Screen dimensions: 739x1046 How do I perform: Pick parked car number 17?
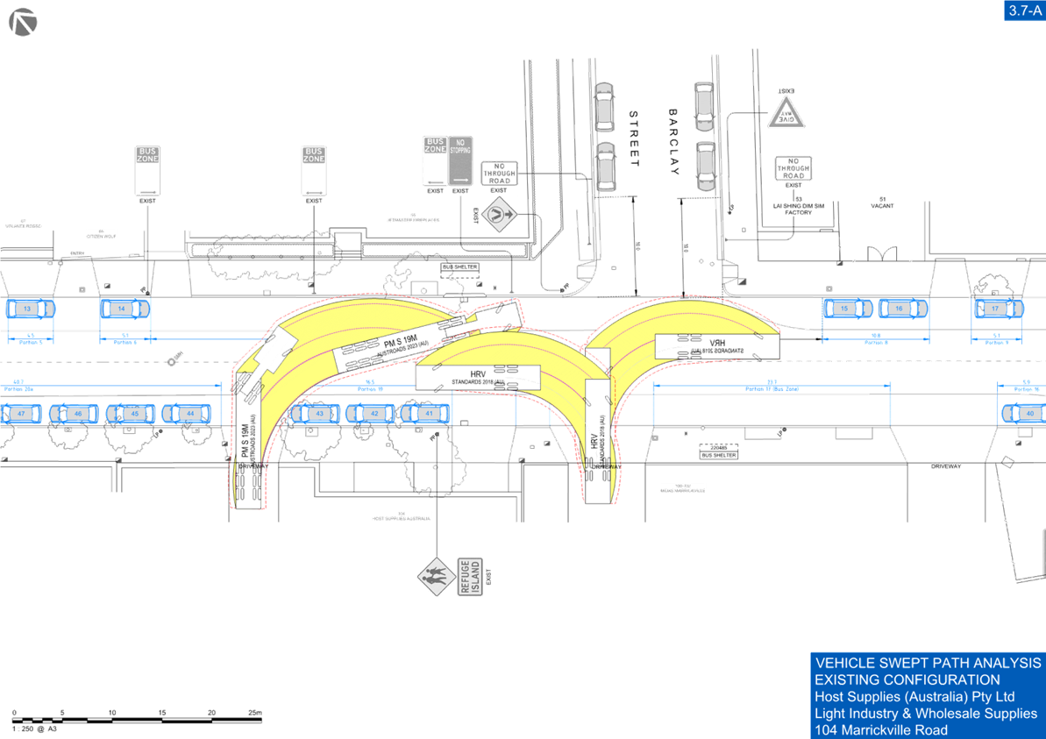click(996, 309)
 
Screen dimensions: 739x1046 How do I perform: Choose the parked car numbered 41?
click(427, 413)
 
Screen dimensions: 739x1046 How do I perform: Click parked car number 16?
click(903, 309)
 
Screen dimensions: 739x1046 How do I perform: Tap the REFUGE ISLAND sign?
click(470, 578)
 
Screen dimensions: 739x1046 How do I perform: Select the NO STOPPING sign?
click(461, 159)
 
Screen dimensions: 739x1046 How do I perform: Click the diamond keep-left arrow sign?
click(501, 211)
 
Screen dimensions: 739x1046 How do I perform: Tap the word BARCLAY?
click(673, 141)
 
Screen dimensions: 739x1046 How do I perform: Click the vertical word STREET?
click(635, 139)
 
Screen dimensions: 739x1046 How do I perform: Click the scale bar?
click(137, 718)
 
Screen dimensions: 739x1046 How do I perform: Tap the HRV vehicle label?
click(479, 375)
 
